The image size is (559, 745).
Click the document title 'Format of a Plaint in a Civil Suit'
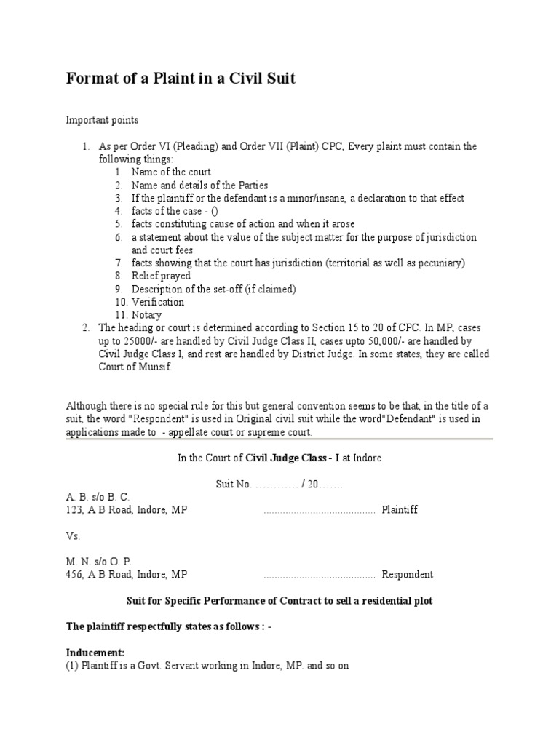click(x=181, y=79)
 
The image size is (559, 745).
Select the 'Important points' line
click(x=102, y=120)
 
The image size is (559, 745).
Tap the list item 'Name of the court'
click(x=171, y=172)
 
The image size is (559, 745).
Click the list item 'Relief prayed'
click(x=161, y=276)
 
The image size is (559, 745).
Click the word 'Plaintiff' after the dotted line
click(x=400, y=511)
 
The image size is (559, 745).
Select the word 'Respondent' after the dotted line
click(x=408, y=575)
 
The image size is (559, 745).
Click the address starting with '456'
click(x=127, y=575)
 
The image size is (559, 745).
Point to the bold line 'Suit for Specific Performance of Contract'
click(x=279, y=601)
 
